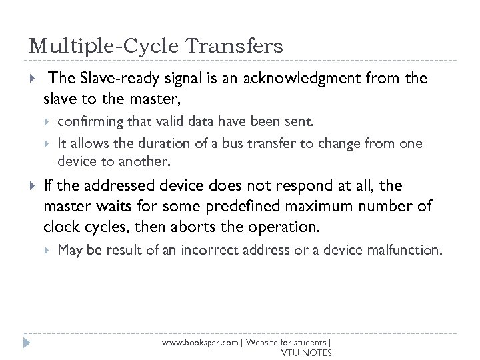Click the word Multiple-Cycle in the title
point(103,46)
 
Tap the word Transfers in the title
point(233,46)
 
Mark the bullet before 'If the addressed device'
point(30,185)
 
